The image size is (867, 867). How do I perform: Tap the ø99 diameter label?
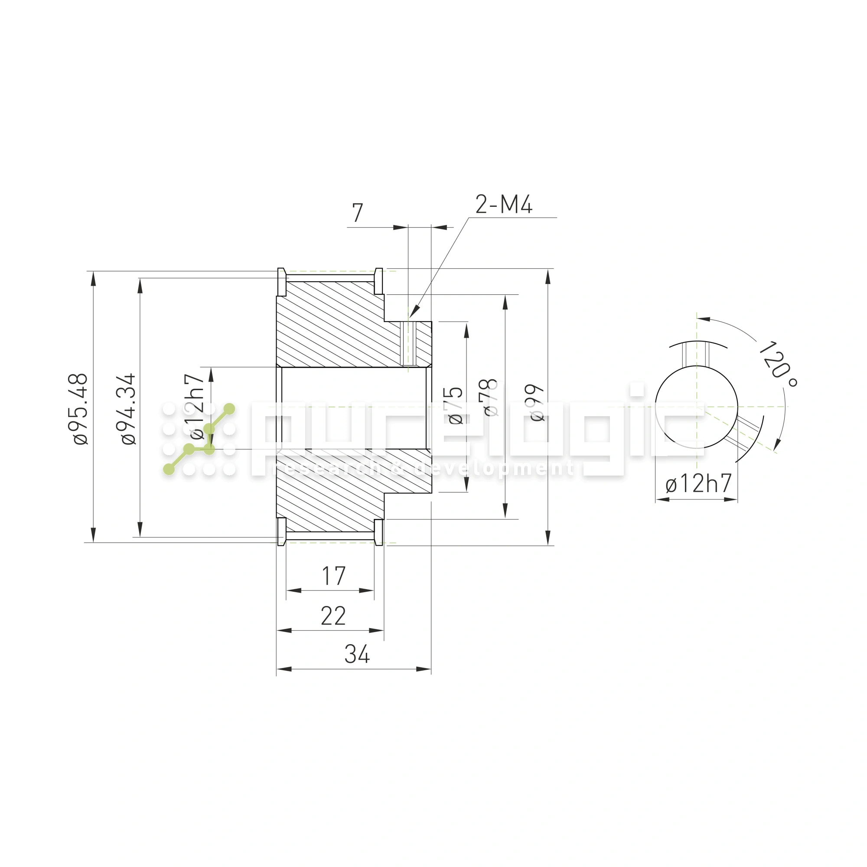[536, 403]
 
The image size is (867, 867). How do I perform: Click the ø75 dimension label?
[455, 405]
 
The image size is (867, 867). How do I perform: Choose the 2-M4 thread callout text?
[503, 205]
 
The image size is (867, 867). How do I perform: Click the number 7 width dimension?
[357, 213]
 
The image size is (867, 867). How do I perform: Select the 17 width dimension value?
[333, 577]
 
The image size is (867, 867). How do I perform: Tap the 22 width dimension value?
[333, 616]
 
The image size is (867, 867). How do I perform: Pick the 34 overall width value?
[357, 654]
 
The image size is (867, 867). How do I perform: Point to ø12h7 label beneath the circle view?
[698, 484]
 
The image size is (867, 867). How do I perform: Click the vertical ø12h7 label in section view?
[196, 407]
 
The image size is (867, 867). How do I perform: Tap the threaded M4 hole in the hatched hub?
[408, 344]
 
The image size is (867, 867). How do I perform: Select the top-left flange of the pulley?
[281, 281]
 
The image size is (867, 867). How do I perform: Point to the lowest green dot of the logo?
[169, 469]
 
